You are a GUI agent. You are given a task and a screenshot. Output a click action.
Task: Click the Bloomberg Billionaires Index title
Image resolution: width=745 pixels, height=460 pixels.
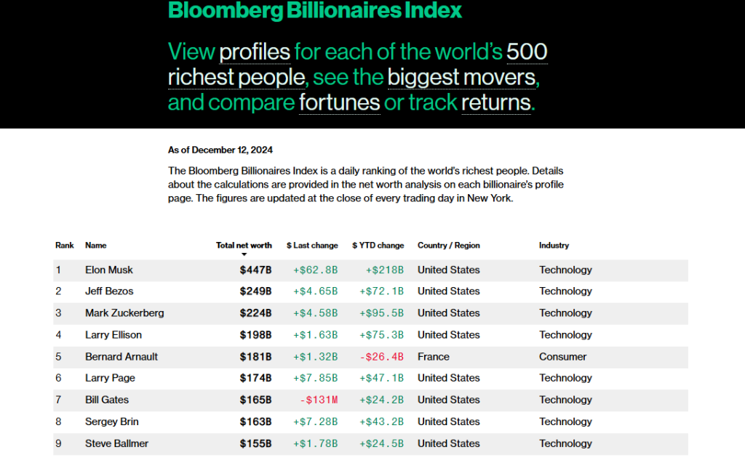pyautogui.click(x=314, y=10)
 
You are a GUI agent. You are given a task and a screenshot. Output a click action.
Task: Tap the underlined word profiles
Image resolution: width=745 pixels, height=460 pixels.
pyautogui.click(x=255, y=52)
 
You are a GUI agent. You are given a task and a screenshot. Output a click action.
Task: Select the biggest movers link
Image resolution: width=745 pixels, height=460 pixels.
pyautogui.click(x=463, y=77)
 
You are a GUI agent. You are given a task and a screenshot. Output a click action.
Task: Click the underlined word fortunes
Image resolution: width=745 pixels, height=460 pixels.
pyautogui.click(x=339, y=102)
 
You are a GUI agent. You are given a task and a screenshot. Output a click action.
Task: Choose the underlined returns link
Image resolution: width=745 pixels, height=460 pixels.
pyautogui.click(x=495, y=102)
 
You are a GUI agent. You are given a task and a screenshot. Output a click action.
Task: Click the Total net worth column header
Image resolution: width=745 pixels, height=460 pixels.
pyautogui.click(x=244, y=246)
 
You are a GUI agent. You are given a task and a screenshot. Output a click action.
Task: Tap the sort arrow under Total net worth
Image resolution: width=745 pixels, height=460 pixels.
pyautogui.click(x=244, y=254)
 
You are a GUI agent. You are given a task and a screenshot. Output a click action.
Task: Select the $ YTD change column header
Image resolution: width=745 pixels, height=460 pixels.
pyautogui.click(x=378, y=246)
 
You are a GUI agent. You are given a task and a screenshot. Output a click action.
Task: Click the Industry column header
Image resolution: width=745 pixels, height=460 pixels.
pyautogui.click(x=554, y=246)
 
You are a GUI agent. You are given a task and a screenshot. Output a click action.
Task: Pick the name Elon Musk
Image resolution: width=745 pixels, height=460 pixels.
pyautogui.click(x=109, y=270)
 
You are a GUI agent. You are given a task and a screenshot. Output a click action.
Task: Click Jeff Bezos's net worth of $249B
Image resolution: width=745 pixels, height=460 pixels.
pyautogui.click(x=255, y=291)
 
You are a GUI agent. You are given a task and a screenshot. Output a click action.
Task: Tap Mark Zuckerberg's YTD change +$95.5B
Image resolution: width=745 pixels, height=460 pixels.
pyautogui.click(x=381, y=313)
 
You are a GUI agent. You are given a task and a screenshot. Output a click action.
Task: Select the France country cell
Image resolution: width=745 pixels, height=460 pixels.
pyautogui.click(x=433, y=357)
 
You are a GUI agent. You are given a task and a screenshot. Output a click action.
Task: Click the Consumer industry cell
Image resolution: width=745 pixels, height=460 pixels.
pyautogui.click(x=562, y=357)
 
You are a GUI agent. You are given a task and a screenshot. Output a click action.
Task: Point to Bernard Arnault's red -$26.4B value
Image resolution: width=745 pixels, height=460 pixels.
pyautogui.click(x=381, y=357)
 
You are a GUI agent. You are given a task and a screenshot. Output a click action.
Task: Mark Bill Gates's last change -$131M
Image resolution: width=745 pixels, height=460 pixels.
pyautogui.click(x=319, y=400)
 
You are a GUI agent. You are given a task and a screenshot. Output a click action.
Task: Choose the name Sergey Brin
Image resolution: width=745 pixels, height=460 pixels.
pyautogui.click(x=111, y=421)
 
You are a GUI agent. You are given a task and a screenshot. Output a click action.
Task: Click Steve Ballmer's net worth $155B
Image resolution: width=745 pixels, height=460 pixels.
pyautogui.click(x=255, y=443)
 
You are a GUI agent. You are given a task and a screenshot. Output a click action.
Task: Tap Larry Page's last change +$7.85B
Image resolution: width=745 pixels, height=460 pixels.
pyautogui.click(x=315, y=378)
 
